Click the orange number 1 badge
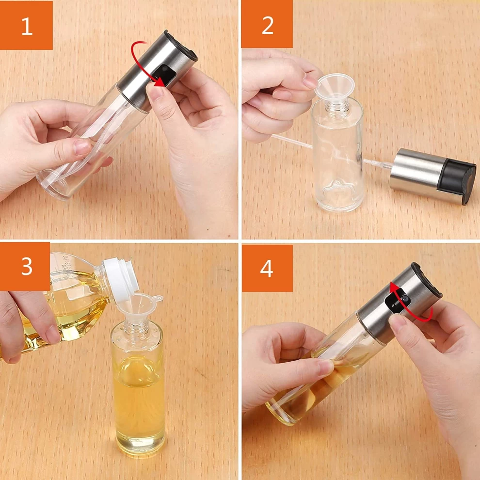click(26, 25)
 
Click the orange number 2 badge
click(267, 24)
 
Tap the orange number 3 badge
click(25, 266)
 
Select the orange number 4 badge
click(267, 268)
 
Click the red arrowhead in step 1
click(159, 82)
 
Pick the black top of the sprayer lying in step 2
click(456, 181)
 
